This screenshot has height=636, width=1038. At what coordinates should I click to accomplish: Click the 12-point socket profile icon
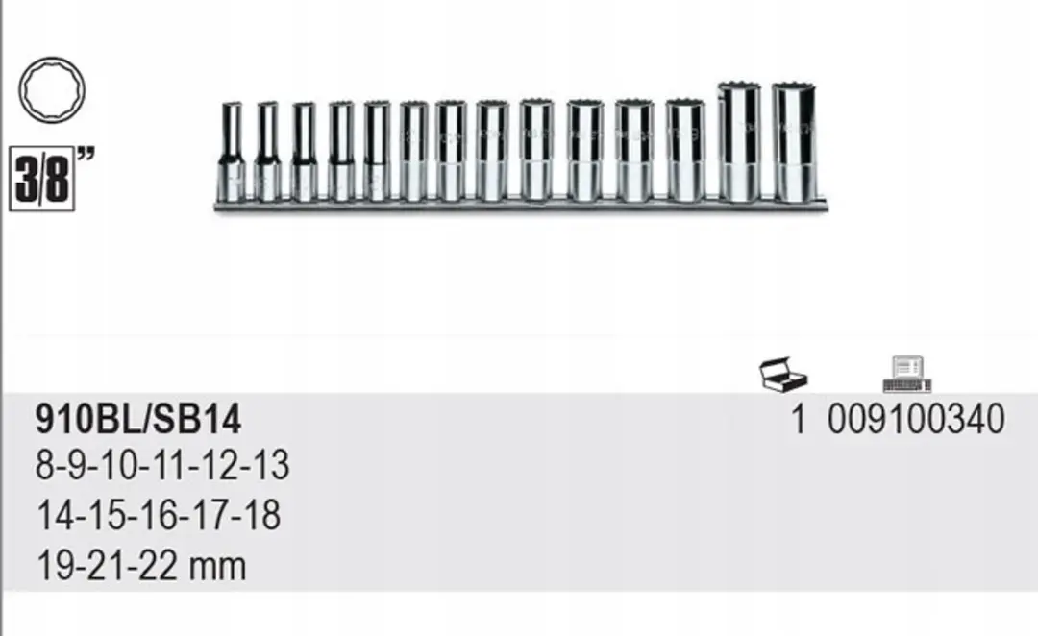52,90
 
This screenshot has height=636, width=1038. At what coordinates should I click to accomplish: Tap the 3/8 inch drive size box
41,181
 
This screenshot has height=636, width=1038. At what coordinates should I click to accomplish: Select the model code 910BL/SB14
138,420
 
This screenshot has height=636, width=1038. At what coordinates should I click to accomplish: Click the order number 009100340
916,420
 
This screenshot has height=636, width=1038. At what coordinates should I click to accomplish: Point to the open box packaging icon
783,374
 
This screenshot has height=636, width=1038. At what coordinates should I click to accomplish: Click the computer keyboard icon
907,374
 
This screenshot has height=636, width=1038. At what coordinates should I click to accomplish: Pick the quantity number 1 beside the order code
799,420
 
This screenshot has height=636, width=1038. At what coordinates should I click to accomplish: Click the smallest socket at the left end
231,152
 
